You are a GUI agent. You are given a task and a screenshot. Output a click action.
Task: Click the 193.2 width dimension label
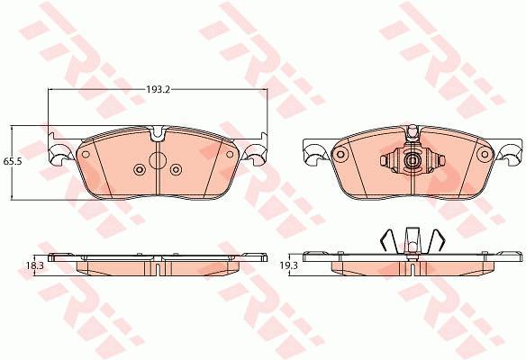pyautogui.click(x=158, y=89)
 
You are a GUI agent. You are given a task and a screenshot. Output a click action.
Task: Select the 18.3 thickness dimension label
pyautogui.click(x=35, y=265)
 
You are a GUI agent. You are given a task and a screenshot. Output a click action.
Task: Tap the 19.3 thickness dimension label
pyautogui.click(x=288, y=265)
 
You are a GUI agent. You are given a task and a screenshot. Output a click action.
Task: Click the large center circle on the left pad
pyautogui.click(x=157, y=160)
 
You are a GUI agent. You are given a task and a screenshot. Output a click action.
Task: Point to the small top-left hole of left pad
pyautogui.click(x=86, y=155)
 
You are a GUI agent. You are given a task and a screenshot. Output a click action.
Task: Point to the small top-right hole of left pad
pyautogui.click(x=230, y=155)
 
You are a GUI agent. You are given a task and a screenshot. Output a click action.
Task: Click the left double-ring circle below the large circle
pyautogui.click(x=140, y=169)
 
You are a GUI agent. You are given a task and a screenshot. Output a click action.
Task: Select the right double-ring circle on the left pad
pyautogui.click(x=176, y=169)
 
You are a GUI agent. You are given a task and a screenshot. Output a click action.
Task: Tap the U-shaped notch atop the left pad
pyautogui.click(x=157, y=133)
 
